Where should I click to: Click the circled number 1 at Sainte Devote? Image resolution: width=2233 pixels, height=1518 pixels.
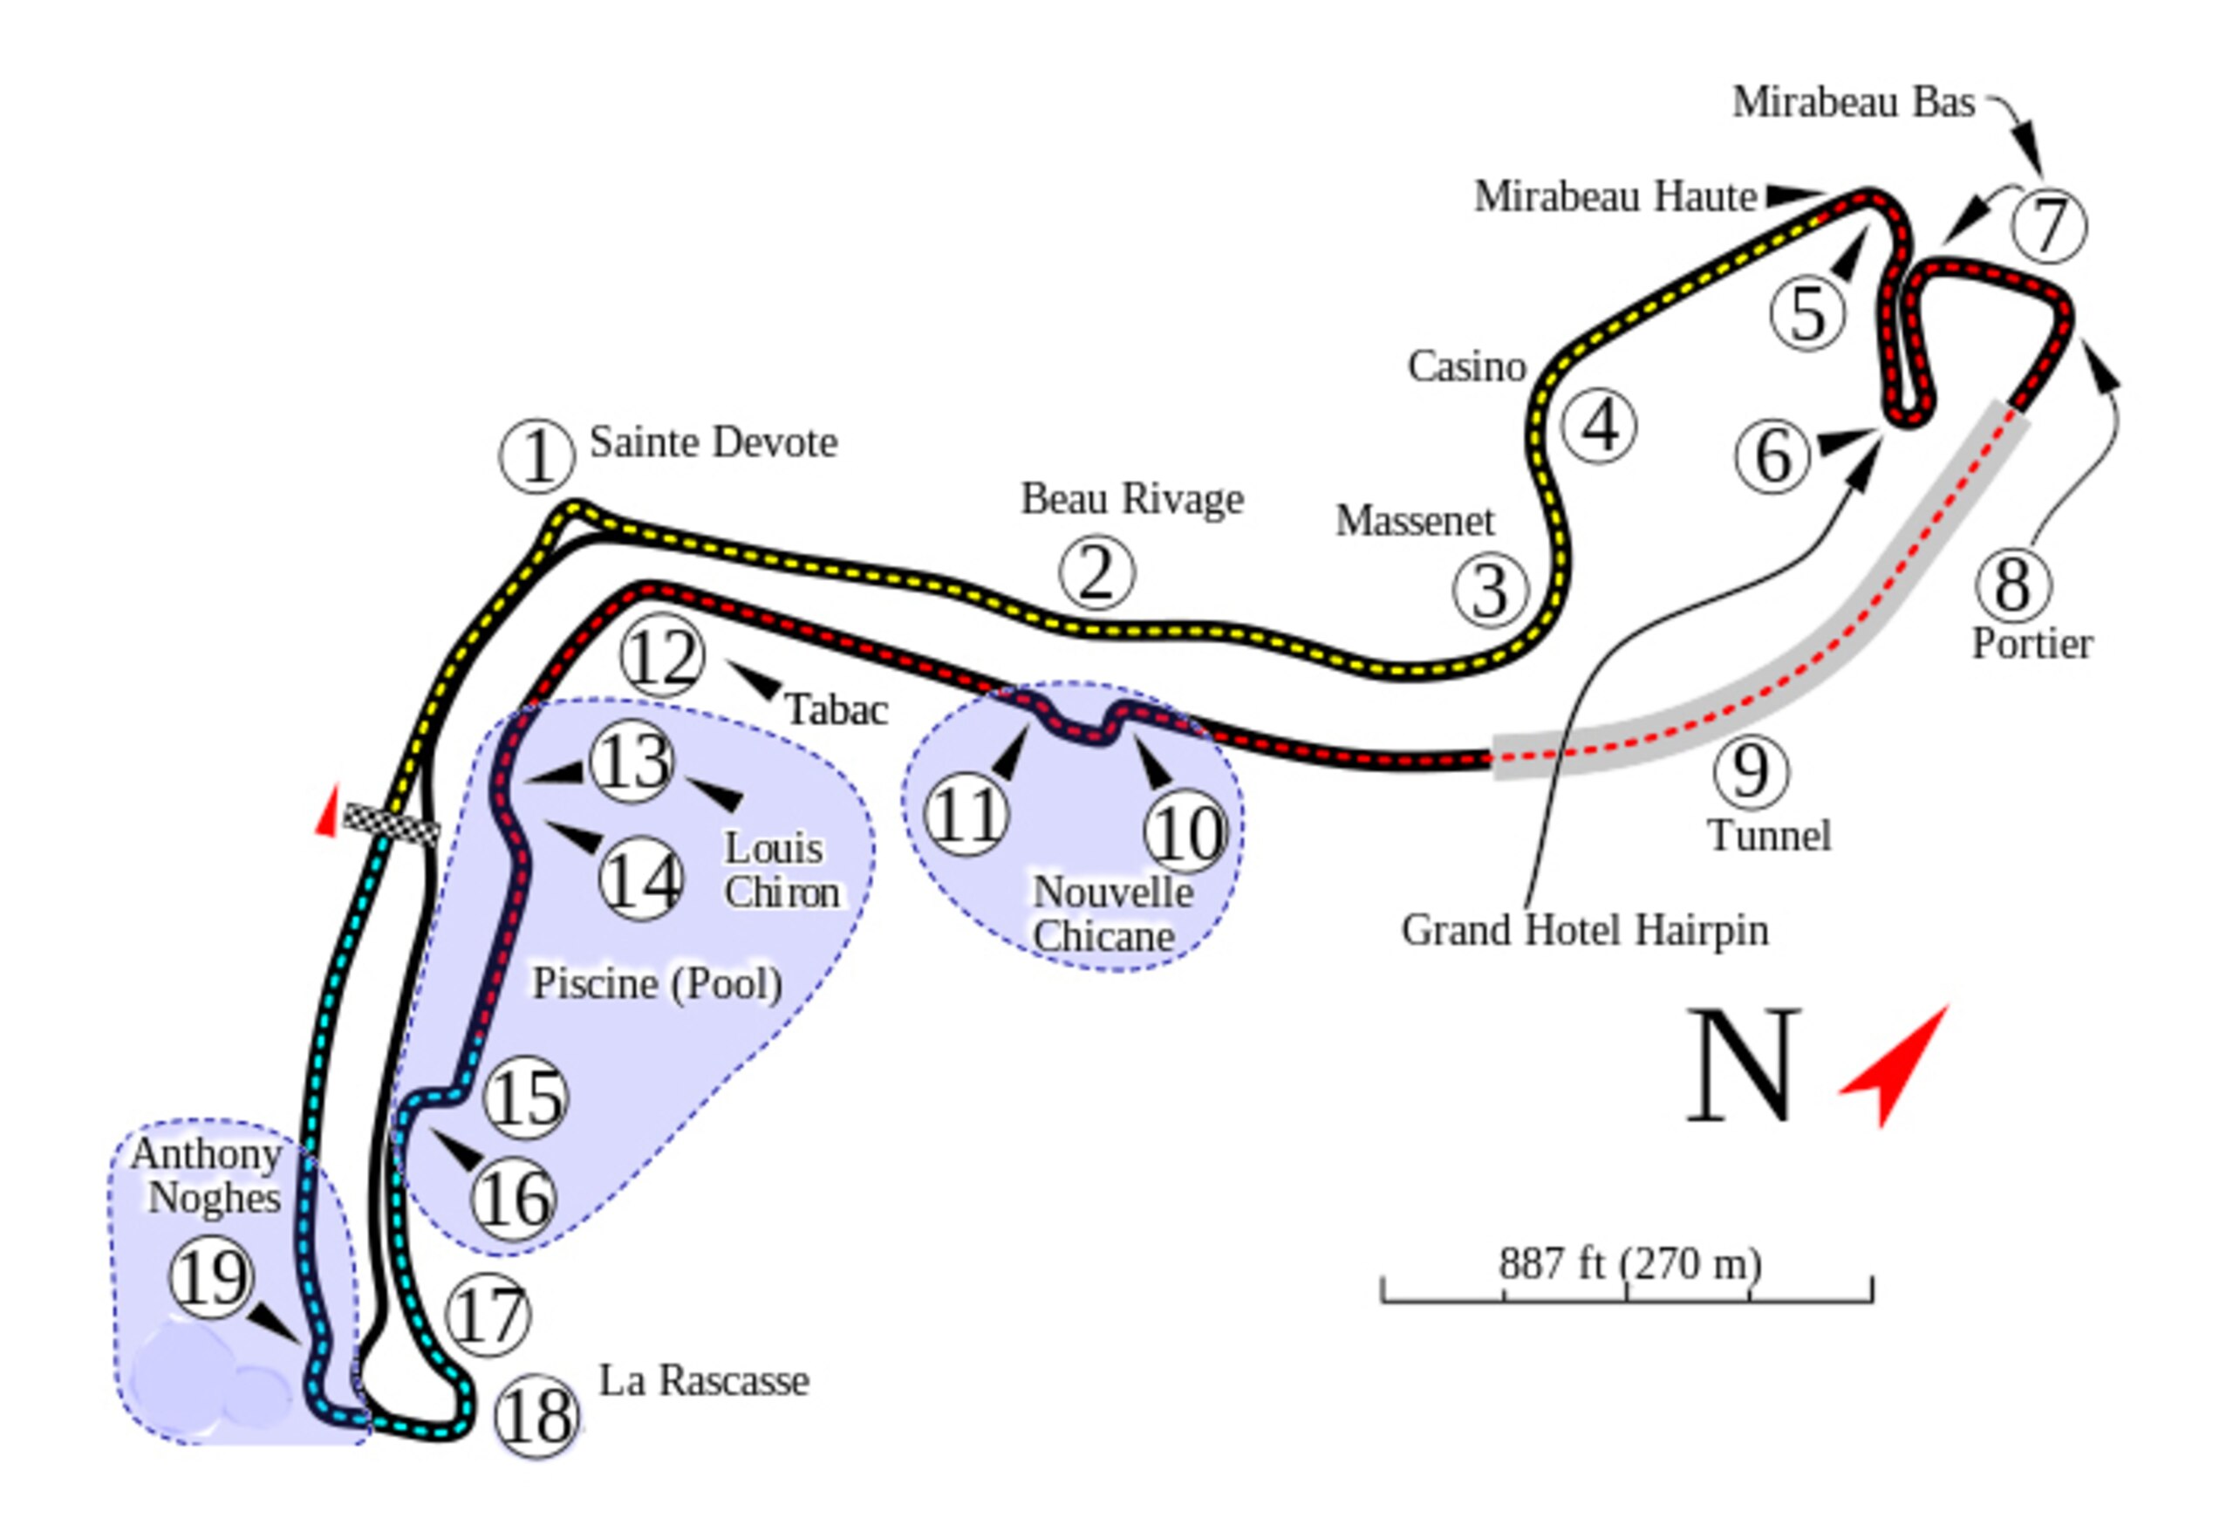537,456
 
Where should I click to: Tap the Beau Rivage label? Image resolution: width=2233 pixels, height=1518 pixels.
1132,499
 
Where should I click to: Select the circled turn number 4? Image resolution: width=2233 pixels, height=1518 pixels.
1599,425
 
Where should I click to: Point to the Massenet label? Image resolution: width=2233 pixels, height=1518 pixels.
1414,521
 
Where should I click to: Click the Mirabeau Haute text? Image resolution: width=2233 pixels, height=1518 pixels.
1615,196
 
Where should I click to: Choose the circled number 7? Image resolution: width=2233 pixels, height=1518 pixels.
2049,226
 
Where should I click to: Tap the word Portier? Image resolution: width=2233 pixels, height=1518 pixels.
2032,645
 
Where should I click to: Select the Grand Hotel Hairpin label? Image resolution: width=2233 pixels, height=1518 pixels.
1584,930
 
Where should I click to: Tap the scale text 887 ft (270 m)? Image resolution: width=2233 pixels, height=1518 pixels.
1629,1264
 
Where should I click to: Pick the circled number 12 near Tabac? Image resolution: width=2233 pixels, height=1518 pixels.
662,656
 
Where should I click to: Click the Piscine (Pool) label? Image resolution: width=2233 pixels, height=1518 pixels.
657,984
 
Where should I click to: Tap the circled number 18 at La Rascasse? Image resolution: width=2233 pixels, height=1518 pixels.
537,1416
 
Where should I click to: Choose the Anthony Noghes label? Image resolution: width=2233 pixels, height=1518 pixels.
208,1175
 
